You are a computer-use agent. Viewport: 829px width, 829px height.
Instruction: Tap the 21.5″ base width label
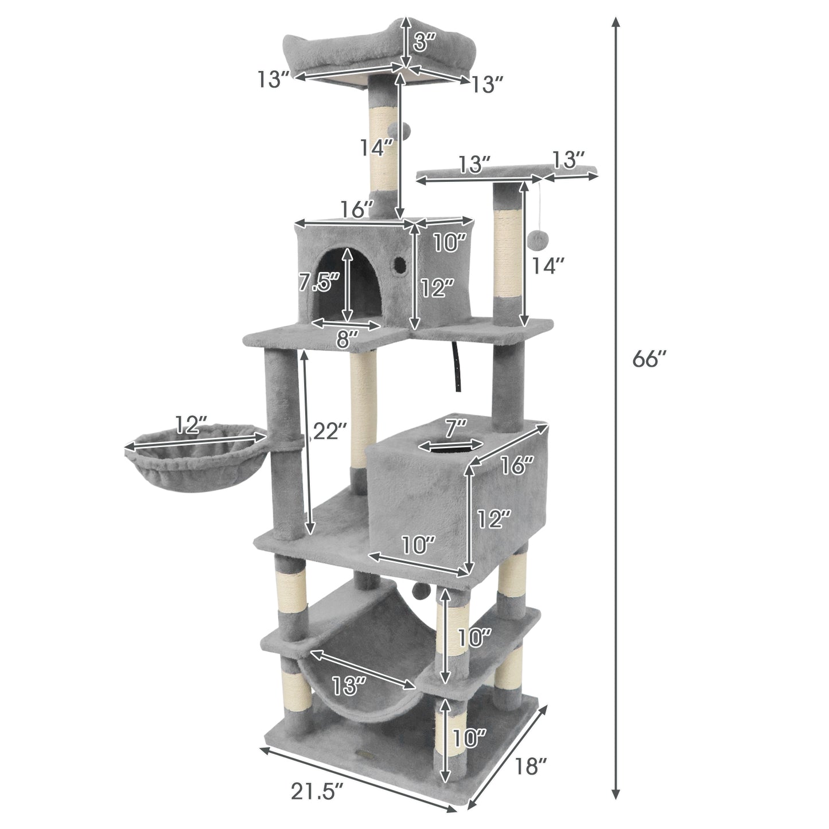tap(317, 792)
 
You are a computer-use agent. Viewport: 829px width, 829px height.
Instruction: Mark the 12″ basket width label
tap(191, 425)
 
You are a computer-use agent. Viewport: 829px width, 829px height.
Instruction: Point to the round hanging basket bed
tap(195, 459)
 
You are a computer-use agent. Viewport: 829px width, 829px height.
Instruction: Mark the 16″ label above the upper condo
tap(357, 209)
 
